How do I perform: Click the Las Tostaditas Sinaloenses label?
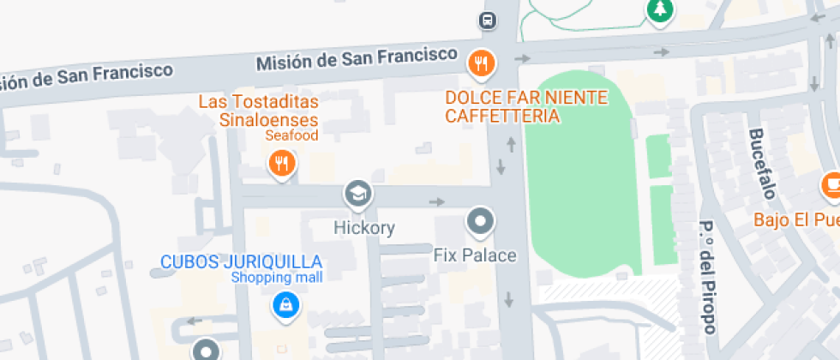258,111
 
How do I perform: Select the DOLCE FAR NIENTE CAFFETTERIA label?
526,106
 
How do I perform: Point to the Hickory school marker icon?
358,195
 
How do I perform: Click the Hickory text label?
364,228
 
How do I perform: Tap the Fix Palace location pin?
480,223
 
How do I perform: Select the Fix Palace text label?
475,255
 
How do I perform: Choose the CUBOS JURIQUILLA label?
242,261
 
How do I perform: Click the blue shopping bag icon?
285,303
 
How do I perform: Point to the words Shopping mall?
277,278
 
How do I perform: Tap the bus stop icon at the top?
487,20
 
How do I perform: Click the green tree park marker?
659,10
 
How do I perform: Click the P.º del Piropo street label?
707,277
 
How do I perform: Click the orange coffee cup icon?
831,184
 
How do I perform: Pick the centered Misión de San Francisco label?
357,59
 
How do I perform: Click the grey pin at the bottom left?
205,350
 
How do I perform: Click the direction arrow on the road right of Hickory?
438,202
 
